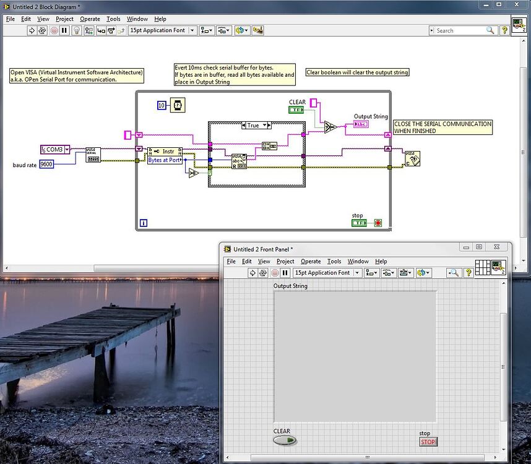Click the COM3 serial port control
coord(54,149)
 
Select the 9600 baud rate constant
coord(46,164)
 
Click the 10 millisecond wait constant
coord(161,105)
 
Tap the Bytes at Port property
coord(165,160)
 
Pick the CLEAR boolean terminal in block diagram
coord(296,110)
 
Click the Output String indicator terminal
coord(361,124)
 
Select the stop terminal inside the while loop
coord(359,223)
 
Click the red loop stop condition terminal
coord(378,223)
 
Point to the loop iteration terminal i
coord(143,223)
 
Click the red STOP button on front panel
coord(428,442)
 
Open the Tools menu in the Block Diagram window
coord(113,19)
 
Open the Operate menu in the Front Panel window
coord(311,262)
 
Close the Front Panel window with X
coord(496,247)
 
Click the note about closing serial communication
coord(442,127)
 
